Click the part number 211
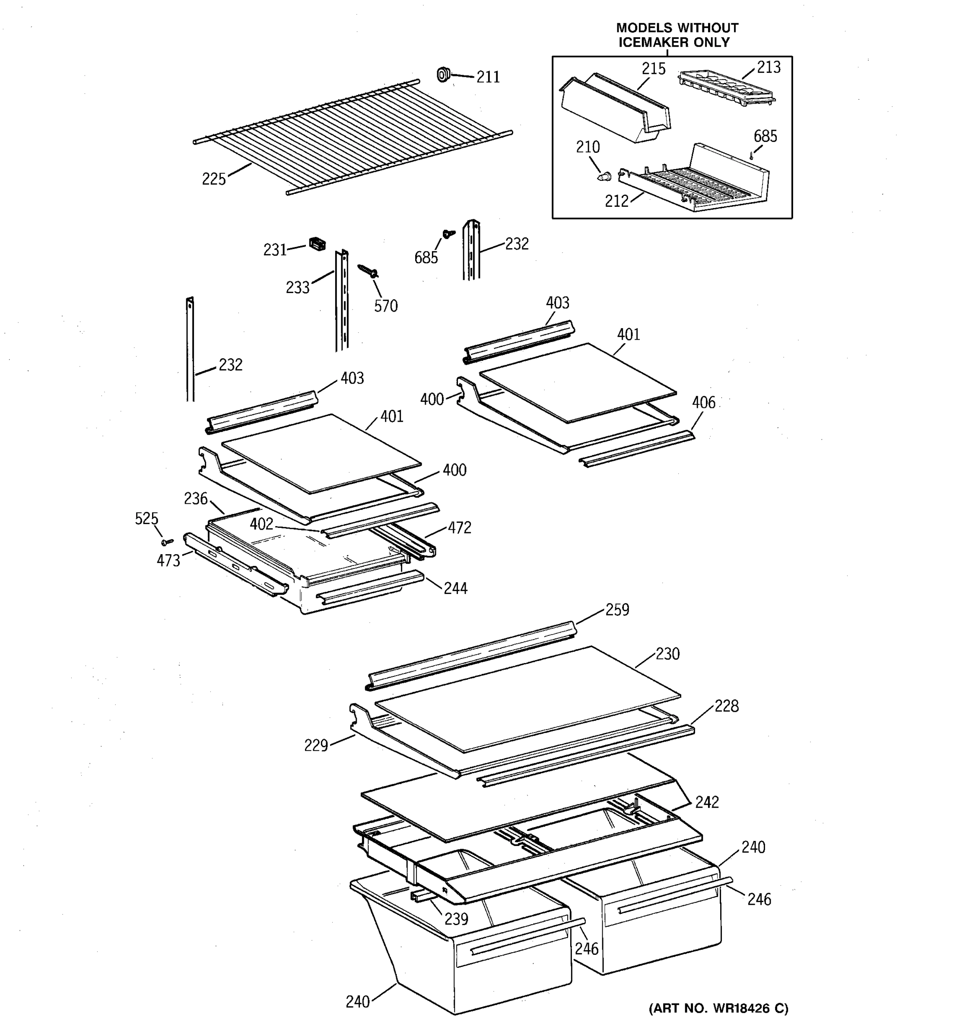[488, 77]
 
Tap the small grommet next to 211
[443, 75]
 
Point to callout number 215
[653, 69]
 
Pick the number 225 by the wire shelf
[214, 179]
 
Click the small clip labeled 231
[317, 243]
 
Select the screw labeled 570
[368, 271]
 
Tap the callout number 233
[298, 287]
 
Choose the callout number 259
[617, 610]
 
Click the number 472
[459, 528]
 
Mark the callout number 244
[455, 588]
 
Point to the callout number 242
[707, 802]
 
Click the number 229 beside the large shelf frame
[316, 746]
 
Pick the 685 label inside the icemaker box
[765, 136]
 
